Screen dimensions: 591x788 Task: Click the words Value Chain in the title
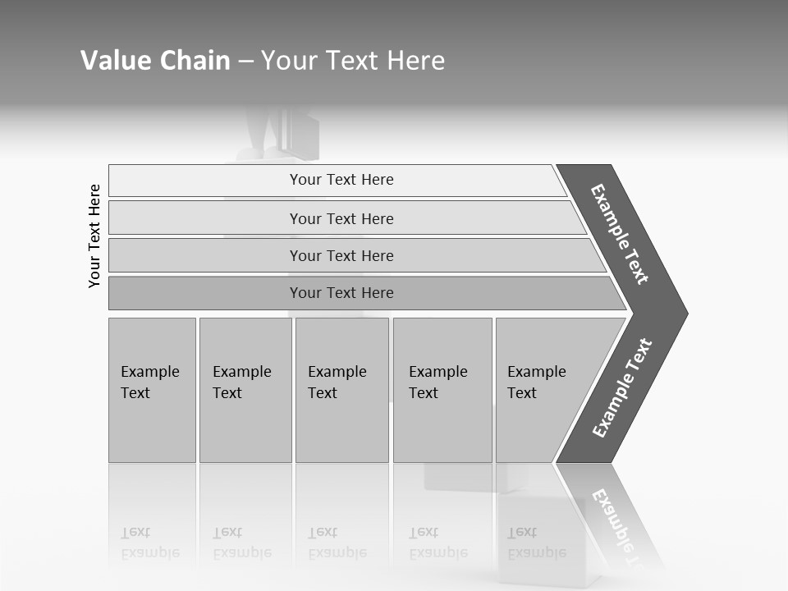click(x=155, y=61)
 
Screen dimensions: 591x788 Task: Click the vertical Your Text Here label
click(x=94, y=236)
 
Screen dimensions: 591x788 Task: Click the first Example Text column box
click(x=152, y=390)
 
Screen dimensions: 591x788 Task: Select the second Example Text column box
click(x=245, y=390)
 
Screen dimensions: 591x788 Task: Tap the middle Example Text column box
click(x=341, y=390)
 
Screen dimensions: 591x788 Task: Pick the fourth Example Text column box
click(x=442, y=390)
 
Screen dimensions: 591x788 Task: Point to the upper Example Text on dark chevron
click(x=621, y=234)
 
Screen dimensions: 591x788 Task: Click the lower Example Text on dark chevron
click(x=622, y=388)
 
